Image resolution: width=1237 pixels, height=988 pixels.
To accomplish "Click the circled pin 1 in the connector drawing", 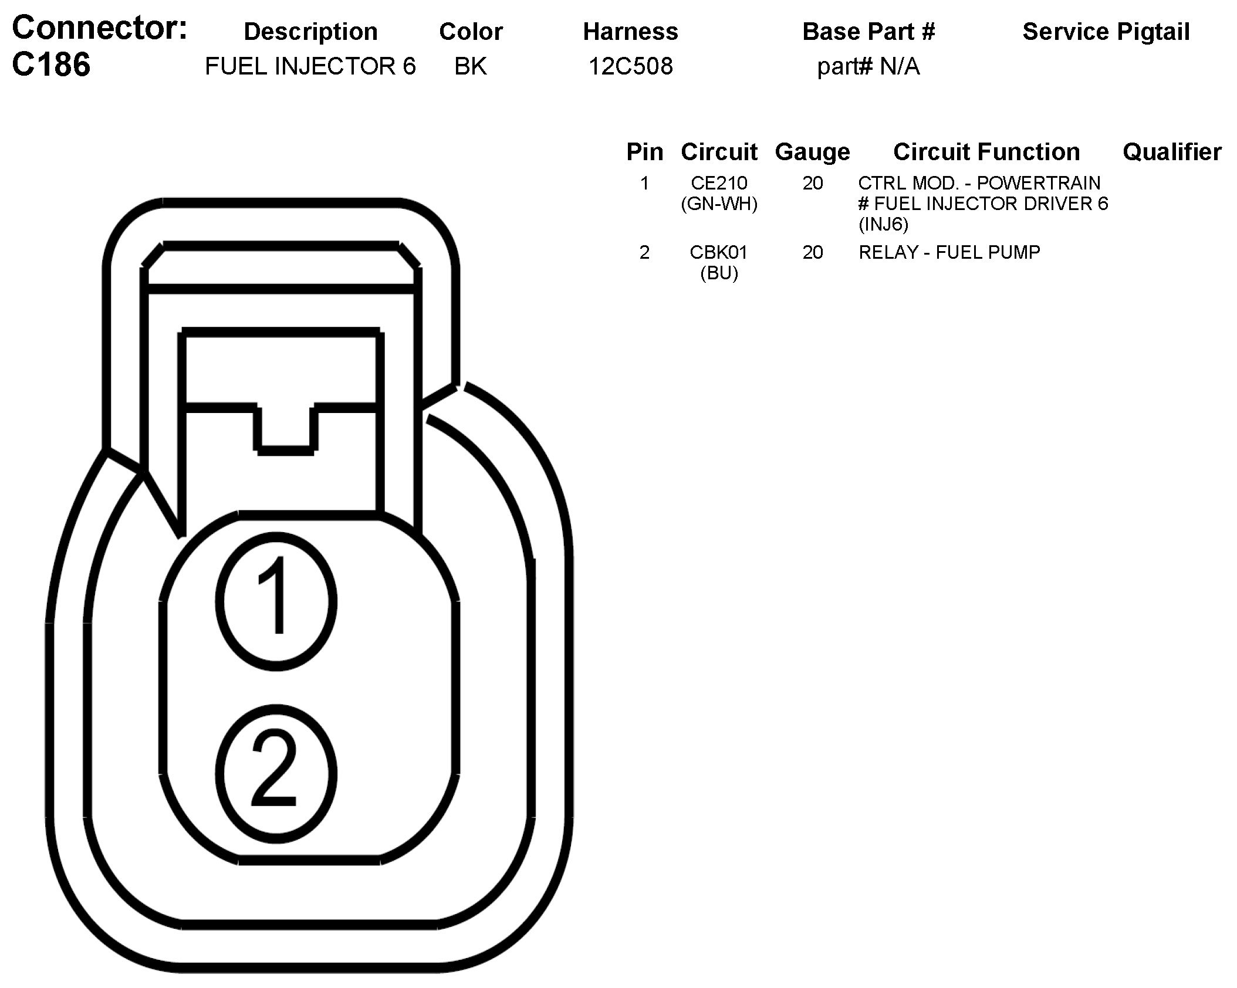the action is [276, 601].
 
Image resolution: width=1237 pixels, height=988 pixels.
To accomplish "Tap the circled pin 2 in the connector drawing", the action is [276, 774].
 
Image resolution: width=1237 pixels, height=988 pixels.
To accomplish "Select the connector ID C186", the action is [51, 65].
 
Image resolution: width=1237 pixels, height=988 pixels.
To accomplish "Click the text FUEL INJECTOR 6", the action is [310, 66].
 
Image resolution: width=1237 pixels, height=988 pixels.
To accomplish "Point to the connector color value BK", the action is [470, 66].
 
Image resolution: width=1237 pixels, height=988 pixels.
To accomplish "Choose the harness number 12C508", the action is [630, 66].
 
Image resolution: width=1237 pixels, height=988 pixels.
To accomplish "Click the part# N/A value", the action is [868, 66].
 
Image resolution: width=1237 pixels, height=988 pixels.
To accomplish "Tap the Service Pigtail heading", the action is [1106, 32].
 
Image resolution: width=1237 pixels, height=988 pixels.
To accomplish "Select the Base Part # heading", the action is [868, 32].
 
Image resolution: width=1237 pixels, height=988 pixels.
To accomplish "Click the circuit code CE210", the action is [719, 183].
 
